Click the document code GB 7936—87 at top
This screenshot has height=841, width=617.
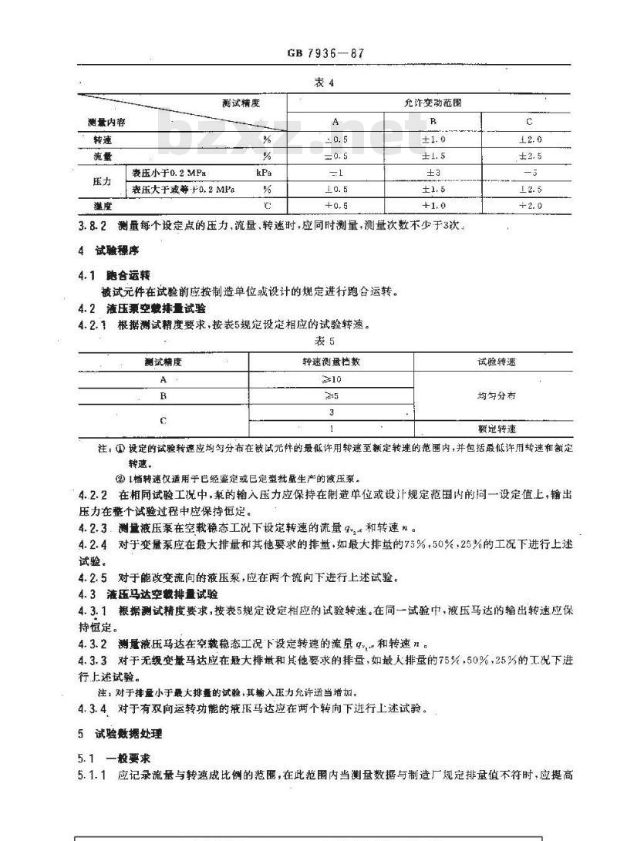pos(323,54)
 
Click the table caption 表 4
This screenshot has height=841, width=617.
pos(323,83)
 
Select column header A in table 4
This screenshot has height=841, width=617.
pos(335,122)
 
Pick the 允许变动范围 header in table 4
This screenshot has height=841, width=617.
pos(428,103)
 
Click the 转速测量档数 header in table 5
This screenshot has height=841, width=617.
pos(331,362)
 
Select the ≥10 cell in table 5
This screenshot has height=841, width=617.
pos(331,379)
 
